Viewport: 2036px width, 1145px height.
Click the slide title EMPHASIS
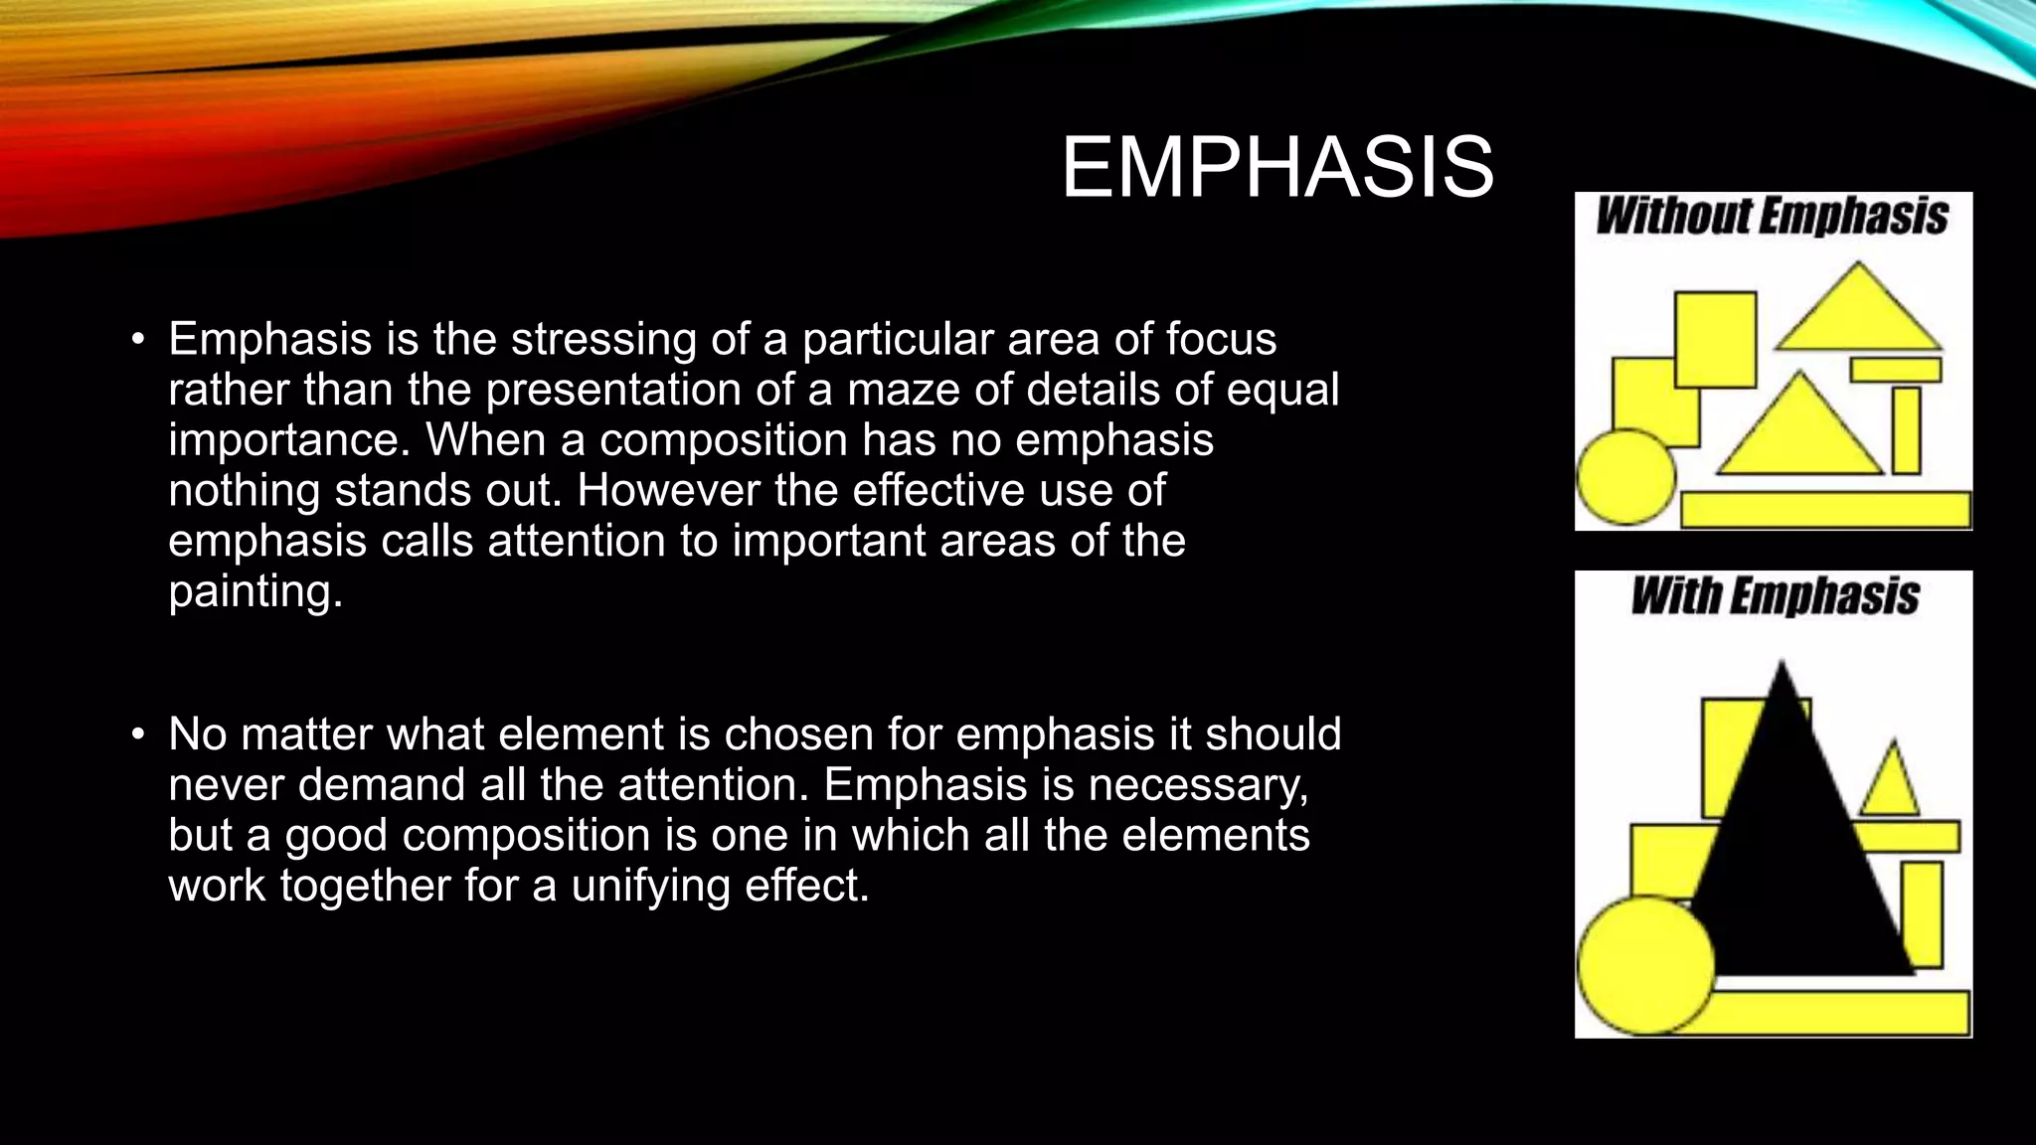point(1277,168)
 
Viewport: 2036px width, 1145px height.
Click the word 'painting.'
point(255,591)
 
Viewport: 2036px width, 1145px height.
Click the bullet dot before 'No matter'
point(138,736)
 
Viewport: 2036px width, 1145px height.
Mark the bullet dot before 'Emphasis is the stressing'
point(138,341)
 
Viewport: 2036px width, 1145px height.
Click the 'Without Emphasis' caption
point(1772,217)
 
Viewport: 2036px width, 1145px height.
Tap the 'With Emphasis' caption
point(1775,596)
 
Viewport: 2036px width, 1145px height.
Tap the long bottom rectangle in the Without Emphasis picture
point(1825,510)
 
